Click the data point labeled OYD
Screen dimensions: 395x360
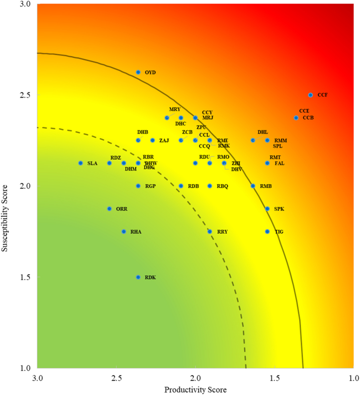(138, 72)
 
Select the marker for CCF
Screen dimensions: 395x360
(310, 95)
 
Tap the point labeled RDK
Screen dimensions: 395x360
(138, 277)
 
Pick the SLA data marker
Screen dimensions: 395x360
(81, 163)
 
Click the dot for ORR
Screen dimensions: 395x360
(109, 208)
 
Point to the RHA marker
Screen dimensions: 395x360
(124, 231)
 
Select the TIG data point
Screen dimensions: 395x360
(268, 231)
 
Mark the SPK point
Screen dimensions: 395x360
(268, 208)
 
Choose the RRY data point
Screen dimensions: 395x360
(210, 231)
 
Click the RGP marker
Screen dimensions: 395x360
(138, 186)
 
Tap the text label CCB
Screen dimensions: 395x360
(308, 118)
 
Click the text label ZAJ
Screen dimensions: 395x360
(164, 141)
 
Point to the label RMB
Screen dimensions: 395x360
(266, 186)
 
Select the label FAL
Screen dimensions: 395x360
(279, 163)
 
